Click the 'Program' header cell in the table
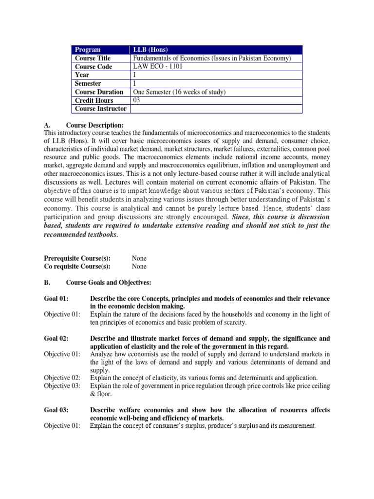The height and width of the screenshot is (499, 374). point(88,50)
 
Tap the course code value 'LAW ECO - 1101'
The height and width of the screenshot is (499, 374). point(156,67)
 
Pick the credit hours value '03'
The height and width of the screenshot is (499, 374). point(137,100)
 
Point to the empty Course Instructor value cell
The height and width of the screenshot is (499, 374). point(216,109)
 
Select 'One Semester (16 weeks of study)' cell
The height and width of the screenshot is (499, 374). point(180,92)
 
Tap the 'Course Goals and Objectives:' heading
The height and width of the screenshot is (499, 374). point(109,282)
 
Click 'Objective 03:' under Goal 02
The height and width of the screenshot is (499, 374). point(62,386)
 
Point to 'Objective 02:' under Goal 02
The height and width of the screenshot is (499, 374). point(62,378)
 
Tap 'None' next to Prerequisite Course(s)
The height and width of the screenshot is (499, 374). point(139,258)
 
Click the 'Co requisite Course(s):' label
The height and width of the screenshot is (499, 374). point(77,267)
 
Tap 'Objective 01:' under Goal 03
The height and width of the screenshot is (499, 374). point(62,426)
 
